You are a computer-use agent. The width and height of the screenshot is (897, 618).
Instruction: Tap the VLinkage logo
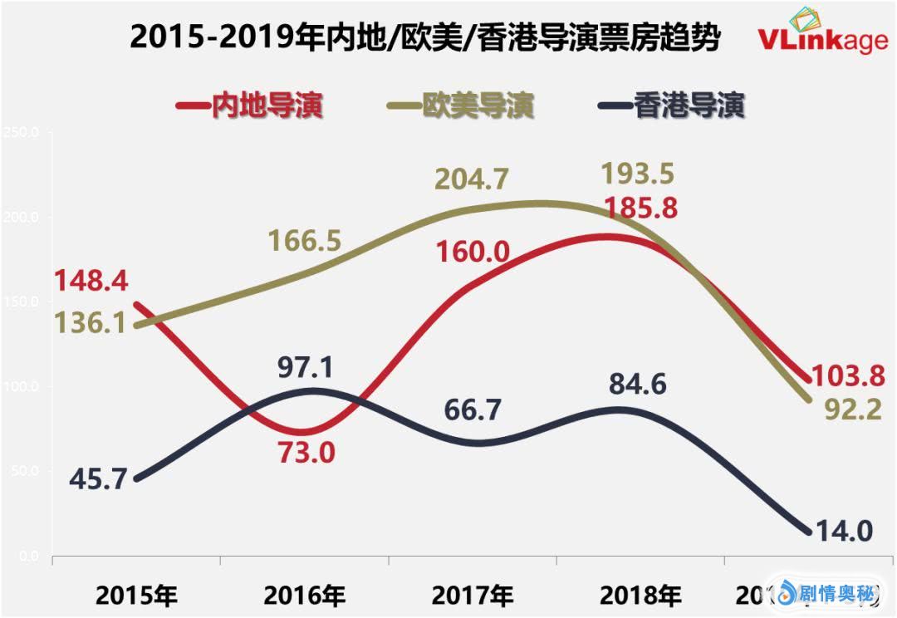point(822,35)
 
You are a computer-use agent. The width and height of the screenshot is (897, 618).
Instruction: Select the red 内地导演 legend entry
point(250,105)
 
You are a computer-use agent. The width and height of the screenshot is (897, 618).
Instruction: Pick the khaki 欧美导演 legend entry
point(461,105)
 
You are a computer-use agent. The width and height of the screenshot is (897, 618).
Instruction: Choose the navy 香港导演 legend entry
point(671,105)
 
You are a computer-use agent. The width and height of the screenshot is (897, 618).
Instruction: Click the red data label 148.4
point(91,283)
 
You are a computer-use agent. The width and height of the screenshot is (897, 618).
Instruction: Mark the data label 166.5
point(305,241)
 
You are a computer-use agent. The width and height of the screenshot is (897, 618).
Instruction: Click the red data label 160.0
point(470,250)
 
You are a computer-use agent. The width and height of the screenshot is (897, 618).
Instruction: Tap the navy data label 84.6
point(638,385)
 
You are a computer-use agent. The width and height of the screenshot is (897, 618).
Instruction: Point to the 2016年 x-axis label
point(304,595)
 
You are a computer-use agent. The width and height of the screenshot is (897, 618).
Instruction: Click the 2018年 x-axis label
point(640,595)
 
